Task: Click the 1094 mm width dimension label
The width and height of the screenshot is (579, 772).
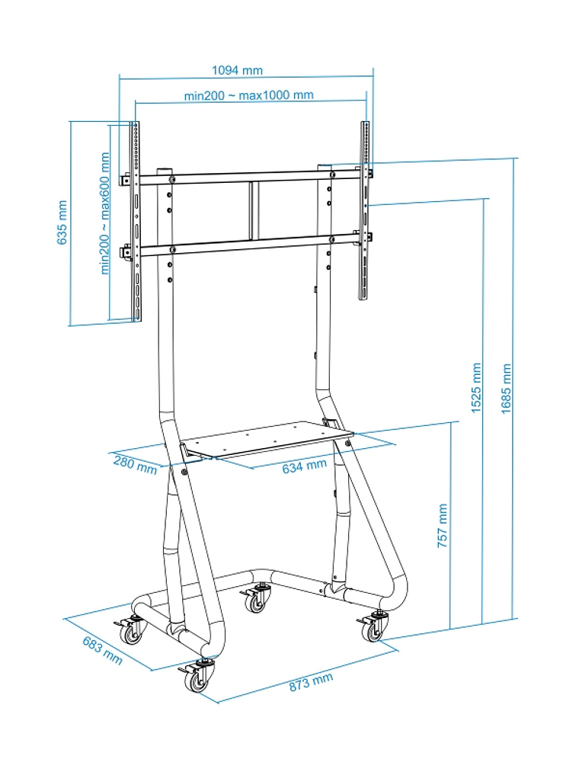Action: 237,70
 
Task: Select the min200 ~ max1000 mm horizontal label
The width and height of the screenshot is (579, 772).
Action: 248,95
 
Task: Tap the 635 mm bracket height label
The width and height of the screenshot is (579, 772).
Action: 62,223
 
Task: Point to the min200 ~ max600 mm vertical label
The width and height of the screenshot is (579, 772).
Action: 106,213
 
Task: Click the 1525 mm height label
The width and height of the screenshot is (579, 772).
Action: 477,388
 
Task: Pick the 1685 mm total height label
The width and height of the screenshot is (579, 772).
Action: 507,388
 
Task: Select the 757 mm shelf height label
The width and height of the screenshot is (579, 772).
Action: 442,526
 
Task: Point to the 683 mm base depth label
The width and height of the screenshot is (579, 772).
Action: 102,650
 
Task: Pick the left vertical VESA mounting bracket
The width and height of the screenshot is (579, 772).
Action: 135,221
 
